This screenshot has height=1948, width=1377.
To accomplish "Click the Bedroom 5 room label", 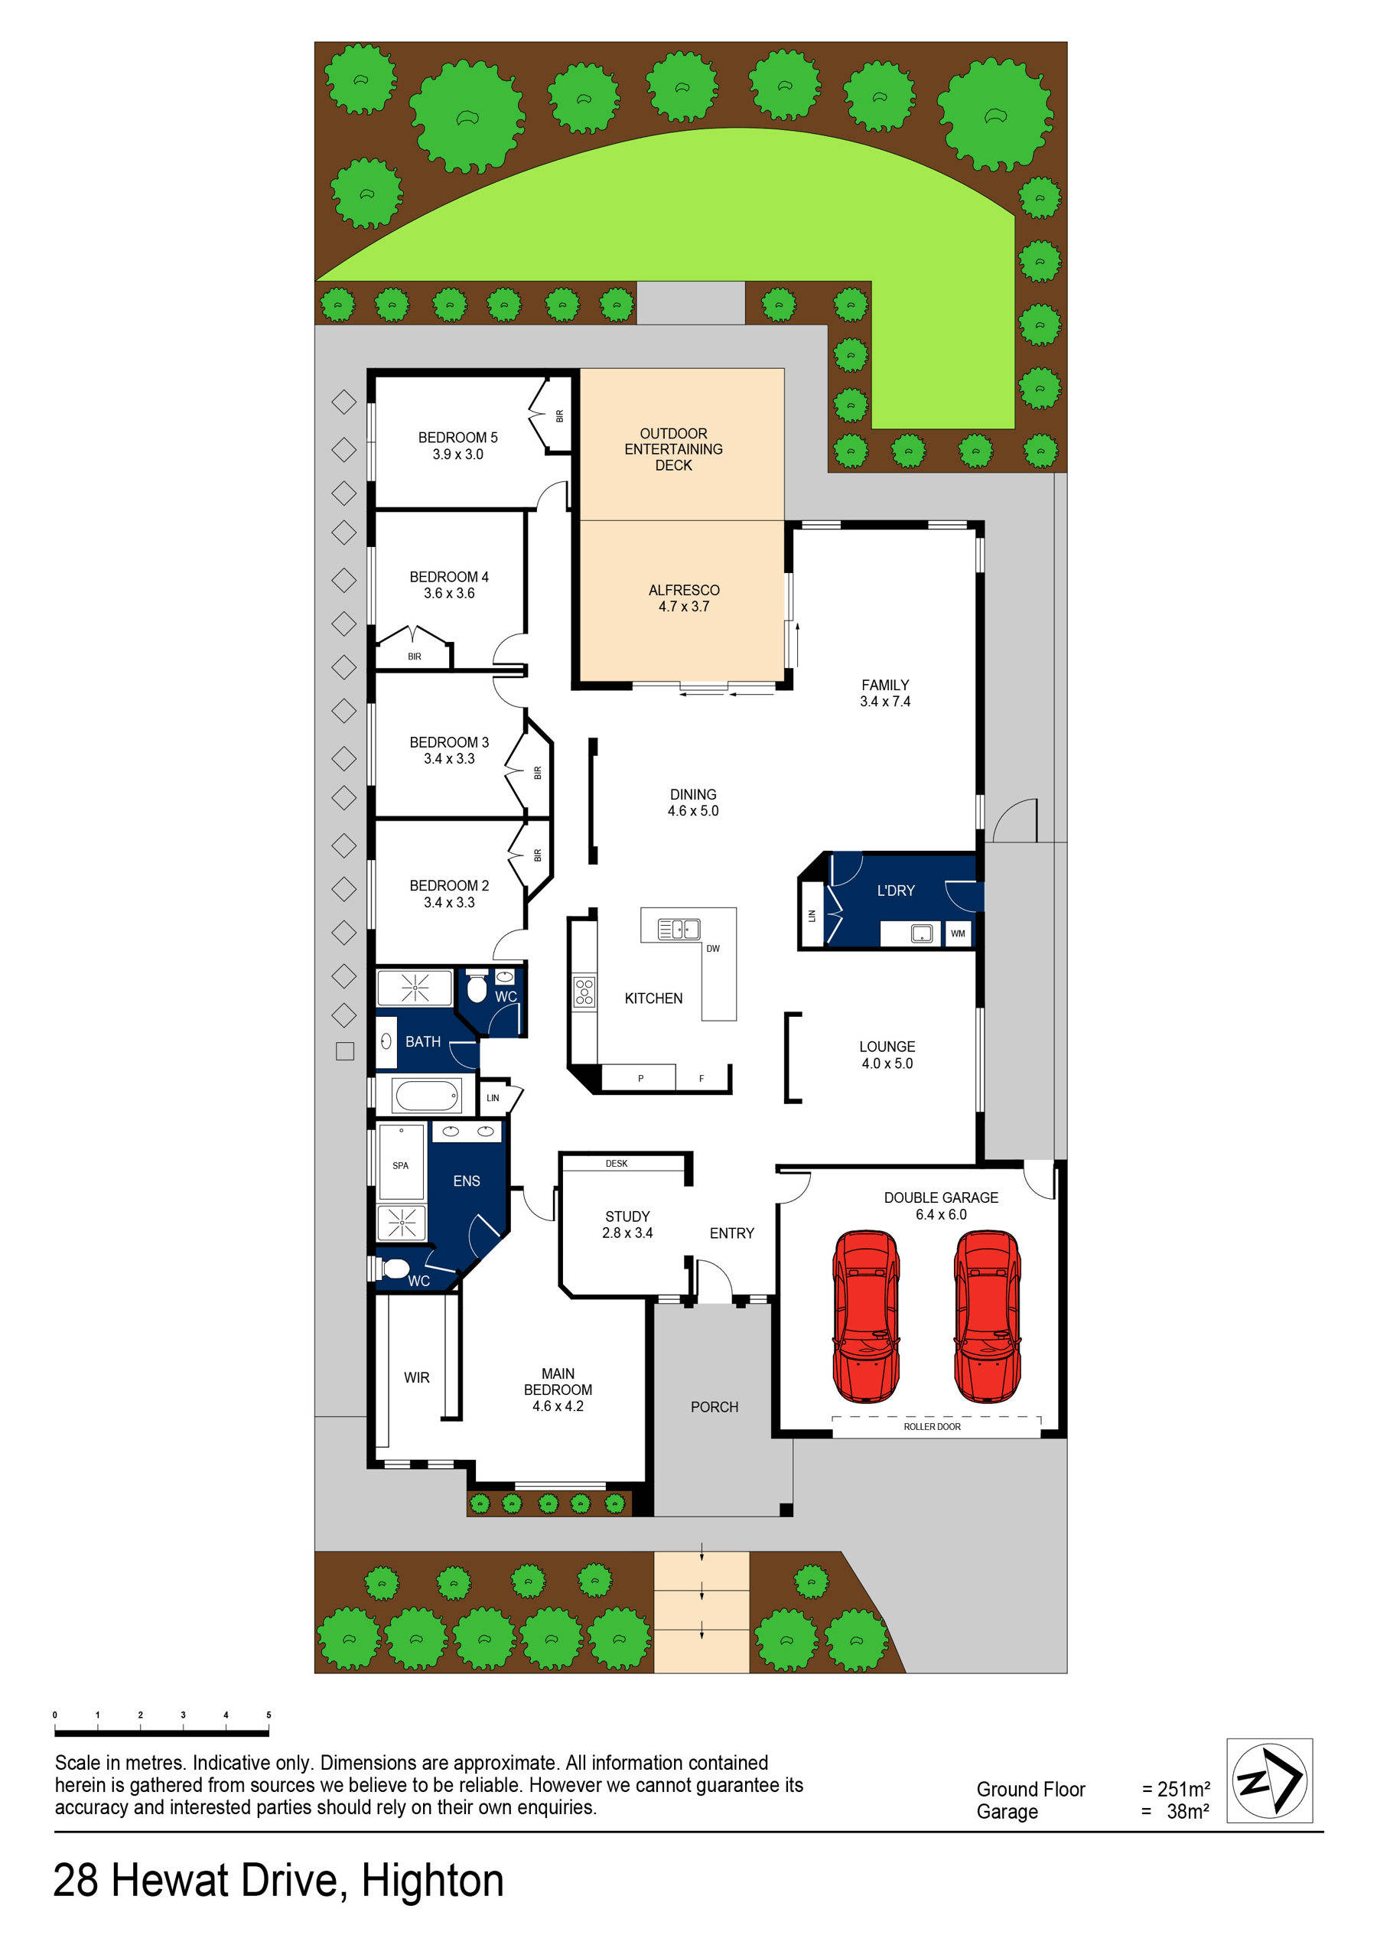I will click(x=457, y=445).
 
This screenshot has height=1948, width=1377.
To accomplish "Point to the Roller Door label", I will click(x=932, y=1427).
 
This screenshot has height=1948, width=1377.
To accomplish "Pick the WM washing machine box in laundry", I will click(x=958, y=933).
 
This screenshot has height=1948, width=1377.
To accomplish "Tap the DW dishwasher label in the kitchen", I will click(x=713, y=949).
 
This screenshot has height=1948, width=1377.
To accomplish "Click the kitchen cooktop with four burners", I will click(x=584, y=992).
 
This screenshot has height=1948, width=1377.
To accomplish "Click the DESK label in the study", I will click(x=617, y=1163).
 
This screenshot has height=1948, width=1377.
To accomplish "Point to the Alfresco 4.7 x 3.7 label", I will click(x=684, y=598).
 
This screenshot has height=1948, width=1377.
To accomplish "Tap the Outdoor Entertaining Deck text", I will click(x=674, y=449).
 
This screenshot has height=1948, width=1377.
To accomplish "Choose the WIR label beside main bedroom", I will click(x=417, y=1378).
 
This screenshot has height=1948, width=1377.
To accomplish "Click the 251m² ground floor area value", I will click(x=1183, y=1790).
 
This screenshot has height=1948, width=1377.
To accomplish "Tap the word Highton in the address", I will click(x=433, y=1880).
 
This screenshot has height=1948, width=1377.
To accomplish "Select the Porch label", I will click(x=715, y=1407).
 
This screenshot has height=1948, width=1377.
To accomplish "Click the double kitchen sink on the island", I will click(x=679, y=930).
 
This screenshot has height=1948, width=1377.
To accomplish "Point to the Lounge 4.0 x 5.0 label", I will click(x=887, y=1054).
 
